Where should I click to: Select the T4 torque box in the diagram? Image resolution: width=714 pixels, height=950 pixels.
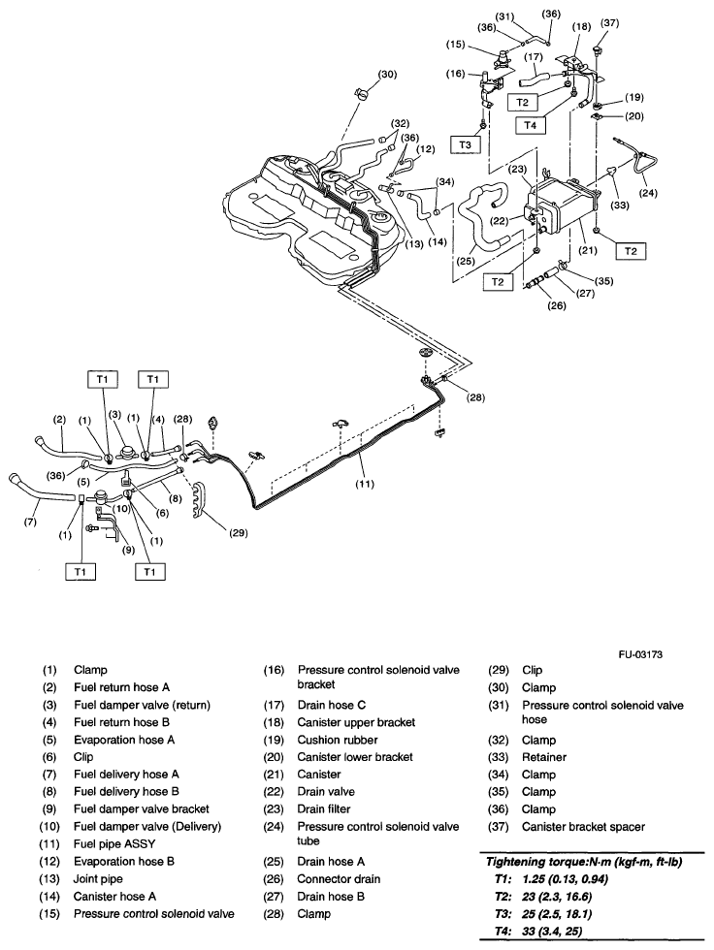pyautogui.click(x=531, y=124)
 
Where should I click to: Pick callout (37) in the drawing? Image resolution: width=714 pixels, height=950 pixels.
pyautogui.click(x=611, y=22)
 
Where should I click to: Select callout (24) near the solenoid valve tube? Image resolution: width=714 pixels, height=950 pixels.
pyautogui.click(x=648, y=192)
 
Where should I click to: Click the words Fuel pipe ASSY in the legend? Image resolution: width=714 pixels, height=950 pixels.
pyautogui.click(x=112, y=843)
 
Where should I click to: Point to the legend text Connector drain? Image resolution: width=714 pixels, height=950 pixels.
pyautogui.click(x=340, y=878)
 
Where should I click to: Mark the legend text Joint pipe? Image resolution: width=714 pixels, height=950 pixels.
pyautogui.click(x=98, y=878)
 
